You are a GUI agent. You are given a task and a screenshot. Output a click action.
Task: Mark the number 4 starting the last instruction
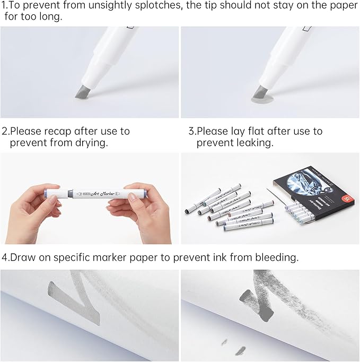click(x=4, y=257)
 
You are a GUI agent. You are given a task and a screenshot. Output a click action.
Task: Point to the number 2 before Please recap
click(x=4, y=131)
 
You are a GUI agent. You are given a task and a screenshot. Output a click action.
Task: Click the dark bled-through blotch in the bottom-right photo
click(x=248, y=297)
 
